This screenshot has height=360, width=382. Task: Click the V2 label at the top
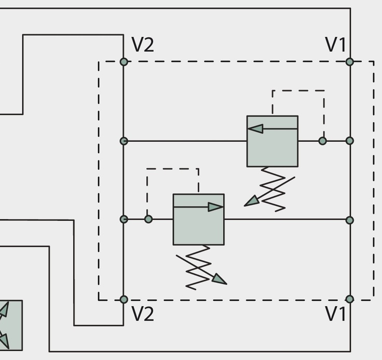(x=143, y=45)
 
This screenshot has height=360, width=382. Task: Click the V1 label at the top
(x=335, y=45)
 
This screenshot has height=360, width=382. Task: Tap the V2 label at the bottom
(x=143, y=314)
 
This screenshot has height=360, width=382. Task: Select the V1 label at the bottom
(x=335, y=314)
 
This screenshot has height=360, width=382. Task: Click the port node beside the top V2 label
(x=124, y=62)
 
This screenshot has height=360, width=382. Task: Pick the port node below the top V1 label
(x=350, y=62)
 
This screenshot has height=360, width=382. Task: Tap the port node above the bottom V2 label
(x=124, y=299)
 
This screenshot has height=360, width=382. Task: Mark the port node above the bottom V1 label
(x=350, y=299)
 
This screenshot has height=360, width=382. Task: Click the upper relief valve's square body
(x=272, y=141)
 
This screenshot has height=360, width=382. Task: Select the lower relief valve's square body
(x=199, y=220)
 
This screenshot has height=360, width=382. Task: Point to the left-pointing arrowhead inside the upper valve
(x=255, y=128)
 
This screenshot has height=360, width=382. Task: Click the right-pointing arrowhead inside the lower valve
(x=215, y=207)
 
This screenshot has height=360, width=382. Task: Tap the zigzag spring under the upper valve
(x=273, y=189)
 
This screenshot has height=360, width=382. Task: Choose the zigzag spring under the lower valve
(x=198, y=268)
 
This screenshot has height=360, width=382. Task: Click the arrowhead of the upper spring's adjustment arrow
(x=251, y=201)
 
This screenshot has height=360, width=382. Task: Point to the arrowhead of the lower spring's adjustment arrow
(x=220, y=279)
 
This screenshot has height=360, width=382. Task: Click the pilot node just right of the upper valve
(x=322, y=141)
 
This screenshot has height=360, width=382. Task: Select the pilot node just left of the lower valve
(x=148, y=219)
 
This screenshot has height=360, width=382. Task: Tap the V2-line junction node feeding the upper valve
(x=124, y=141)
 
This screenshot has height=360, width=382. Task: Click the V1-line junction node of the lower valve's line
(x=350, y=220)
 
